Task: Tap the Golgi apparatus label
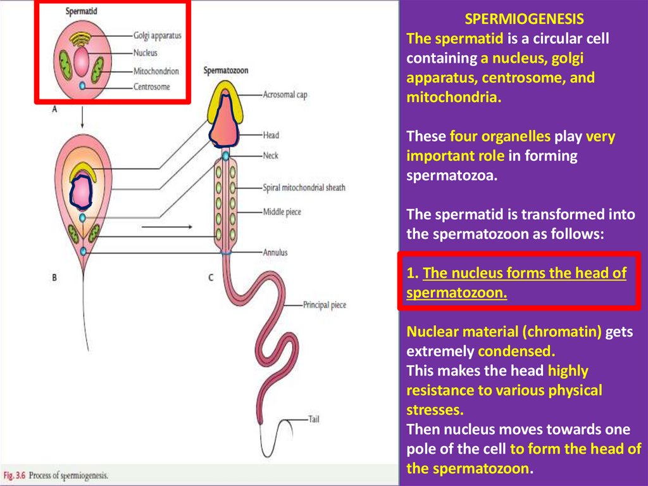click(x=158, y=35)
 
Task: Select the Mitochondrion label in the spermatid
click(x=156, y=72)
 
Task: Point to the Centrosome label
click(x=152, y=87)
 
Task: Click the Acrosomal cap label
click(x=287, y=95)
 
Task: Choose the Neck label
click(x=271, y=155)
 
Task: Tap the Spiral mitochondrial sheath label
click(x=304, y=188)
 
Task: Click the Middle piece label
click(x=282, y=212)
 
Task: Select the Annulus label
click(x=275, y=252)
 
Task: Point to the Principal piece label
click(x=325, y=305)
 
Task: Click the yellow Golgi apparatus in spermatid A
click(x=81, y=40)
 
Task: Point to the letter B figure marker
click(x=54, y=277)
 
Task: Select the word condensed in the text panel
click(x=507, y=351)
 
